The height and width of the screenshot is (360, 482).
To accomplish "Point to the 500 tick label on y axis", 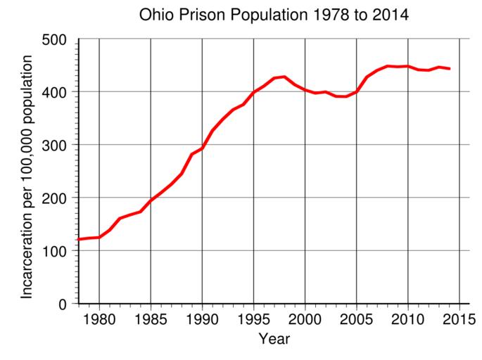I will [54, 40].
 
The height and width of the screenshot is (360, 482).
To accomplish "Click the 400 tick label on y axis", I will [54, 93].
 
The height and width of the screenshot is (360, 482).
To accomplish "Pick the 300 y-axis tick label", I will [54, 146].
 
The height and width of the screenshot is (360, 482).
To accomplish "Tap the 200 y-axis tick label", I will [54, 198].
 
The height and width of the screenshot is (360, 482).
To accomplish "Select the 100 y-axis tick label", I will [54, 251].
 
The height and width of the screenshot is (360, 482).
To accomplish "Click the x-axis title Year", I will [274, 340].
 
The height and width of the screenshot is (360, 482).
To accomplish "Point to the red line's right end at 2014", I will [449, 69].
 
